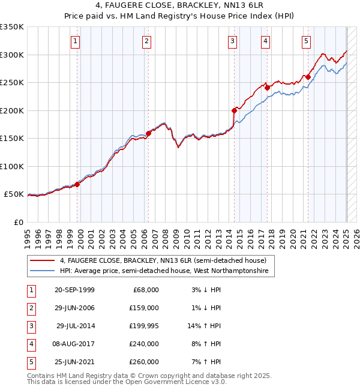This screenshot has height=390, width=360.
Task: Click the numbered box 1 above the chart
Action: [75, 41]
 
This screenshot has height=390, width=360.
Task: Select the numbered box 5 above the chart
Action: [306, 41]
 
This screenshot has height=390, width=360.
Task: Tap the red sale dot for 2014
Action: [235, 110]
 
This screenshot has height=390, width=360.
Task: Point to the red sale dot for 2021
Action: [308, 77]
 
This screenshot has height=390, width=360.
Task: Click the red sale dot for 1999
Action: [77, 184]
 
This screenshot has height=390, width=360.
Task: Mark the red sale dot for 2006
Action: [148, 133]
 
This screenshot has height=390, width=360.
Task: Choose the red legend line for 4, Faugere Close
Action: [43, 260]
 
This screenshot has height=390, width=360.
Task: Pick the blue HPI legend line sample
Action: [43, 271]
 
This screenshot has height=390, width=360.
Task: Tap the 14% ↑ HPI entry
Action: [205, 326]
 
